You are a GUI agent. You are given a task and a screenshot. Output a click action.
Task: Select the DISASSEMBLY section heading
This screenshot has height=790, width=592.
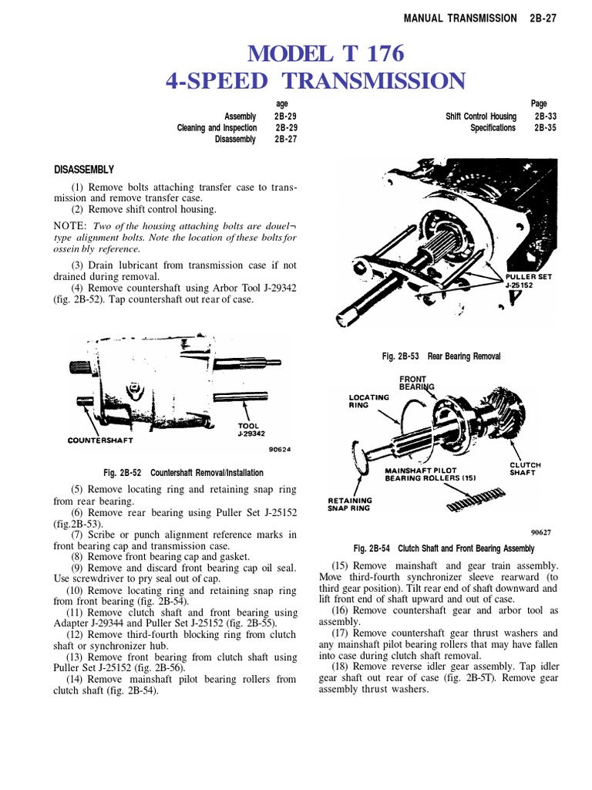(x=84, y=170)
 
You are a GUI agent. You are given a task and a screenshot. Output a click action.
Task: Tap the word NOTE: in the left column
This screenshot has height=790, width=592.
(x=70, y=226)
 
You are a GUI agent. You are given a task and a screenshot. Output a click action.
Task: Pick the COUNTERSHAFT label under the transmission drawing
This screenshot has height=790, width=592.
(x=100, y=441)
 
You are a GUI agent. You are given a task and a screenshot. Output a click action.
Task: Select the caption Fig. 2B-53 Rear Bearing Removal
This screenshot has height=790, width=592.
(x=441, y=356)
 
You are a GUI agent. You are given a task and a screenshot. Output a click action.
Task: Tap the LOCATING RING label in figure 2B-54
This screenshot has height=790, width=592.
(x=370, y=400)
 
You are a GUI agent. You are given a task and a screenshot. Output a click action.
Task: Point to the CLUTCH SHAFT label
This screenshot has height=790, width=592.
(x=525, y=469)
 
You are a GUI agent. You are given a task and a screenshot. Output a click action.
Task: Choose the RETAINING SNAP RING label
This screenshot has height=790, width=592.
(x=350, y=505)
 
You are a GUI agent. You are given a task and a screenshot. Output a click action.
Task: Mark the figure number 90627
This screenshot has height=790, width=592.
(x=541, y=532)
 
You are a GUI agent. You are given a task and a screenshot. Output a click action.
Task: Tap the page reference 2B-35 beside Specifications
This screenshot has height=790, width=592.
(x=546, y=128)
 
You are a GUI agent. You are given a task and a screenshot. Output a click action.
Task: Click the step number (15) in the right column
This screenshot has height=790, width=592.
(x=340, y=566)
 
